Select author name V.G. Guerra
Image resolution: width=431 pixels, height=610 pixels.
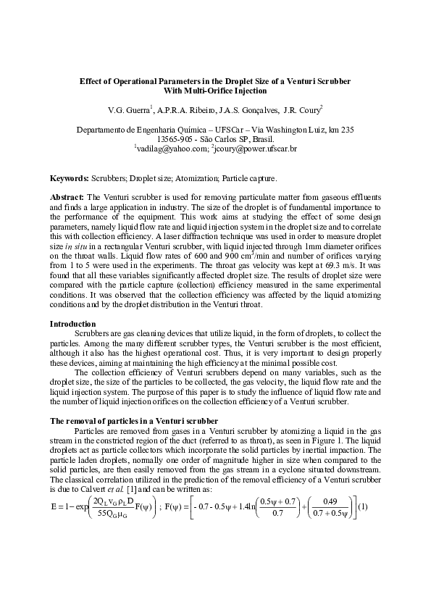coord(127,110)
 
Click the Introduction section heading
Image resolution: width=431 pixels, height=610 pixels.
coord(72,323)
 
